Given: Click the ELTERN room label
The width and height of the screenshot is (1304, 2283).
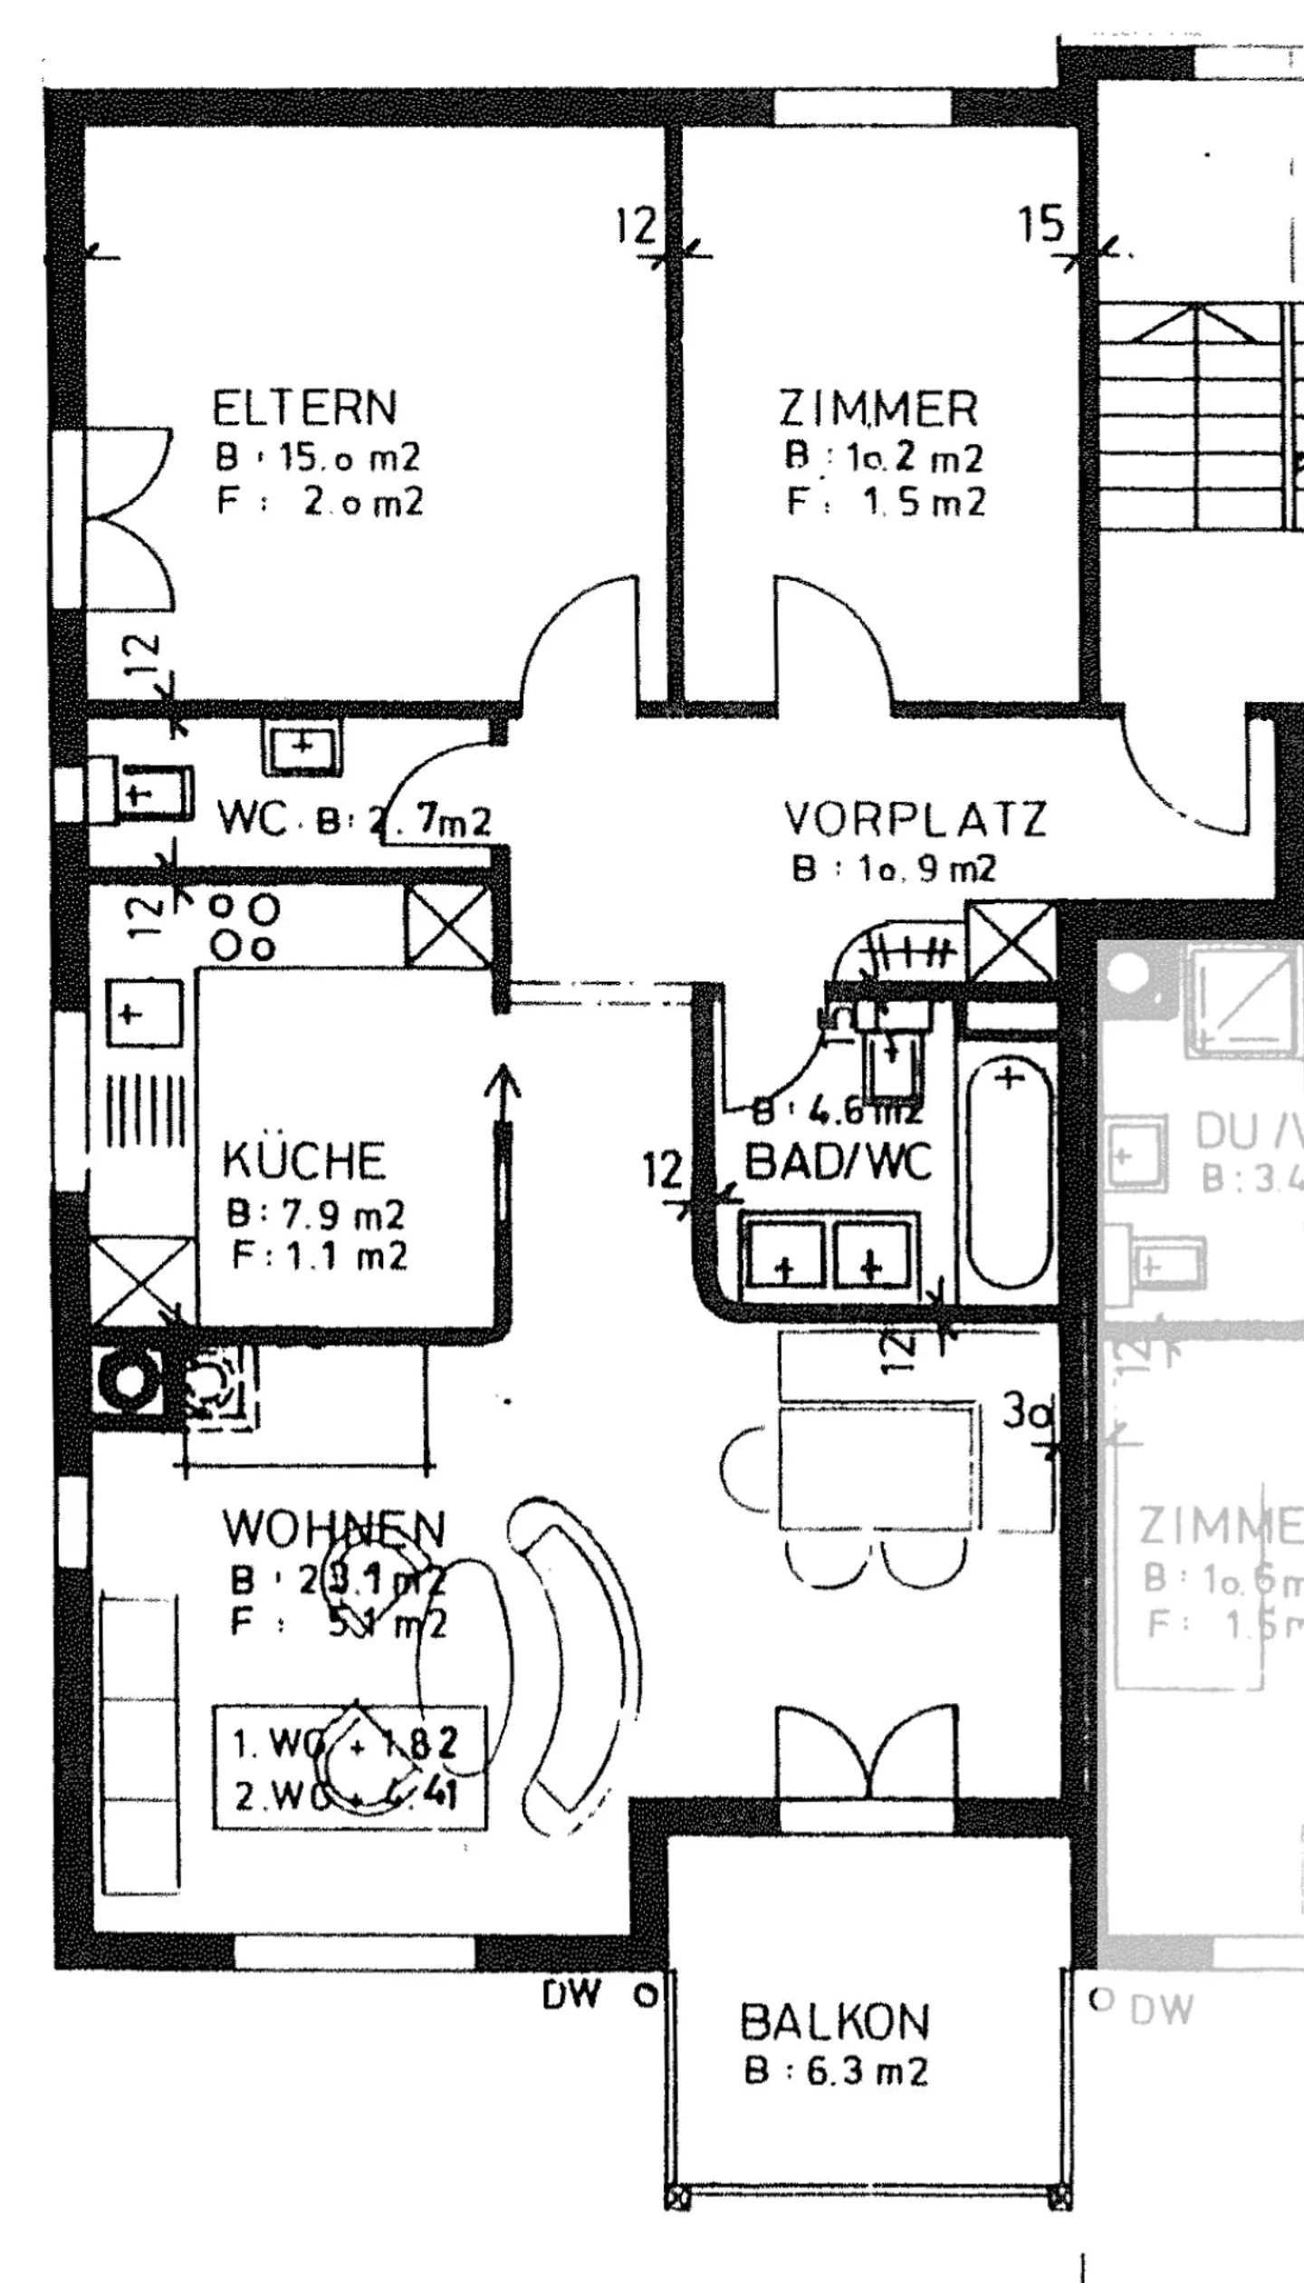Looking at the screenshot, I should pyautogui.click(x=304, y=408).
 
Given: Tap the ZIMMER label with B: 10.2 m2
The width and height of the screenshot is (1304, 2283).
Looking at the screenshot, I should pyautogui.click(x=878, y=409).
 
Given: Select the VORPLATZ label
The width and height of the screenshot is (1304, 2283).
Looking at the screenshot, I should pyautogui.click(x=915, y=819).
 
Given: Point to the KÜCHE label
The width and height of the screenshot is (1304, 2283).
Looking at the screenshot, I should pyautogui.click(x=303, y=1161).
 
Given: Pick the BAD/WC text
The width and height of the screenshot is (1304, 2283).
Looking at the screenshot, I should pyautogui.click(x=838, y=1162).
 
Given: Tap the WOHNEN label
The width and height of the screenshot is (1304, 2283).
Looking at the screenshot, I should pyautogui.click(x=333, y=1529).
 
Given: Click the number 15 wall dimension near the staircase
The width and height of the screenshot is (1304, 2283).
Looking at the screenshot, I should pyautogui.click(x=1040, y=224).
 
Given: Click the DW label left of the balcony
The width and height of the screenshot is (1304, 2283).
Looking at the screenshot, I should pyautogui.click(x=571, y=1993).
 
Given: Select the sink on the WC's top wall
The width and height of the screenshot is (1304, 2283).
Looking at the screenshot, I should pyautogui.click(x=302, y=747).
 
